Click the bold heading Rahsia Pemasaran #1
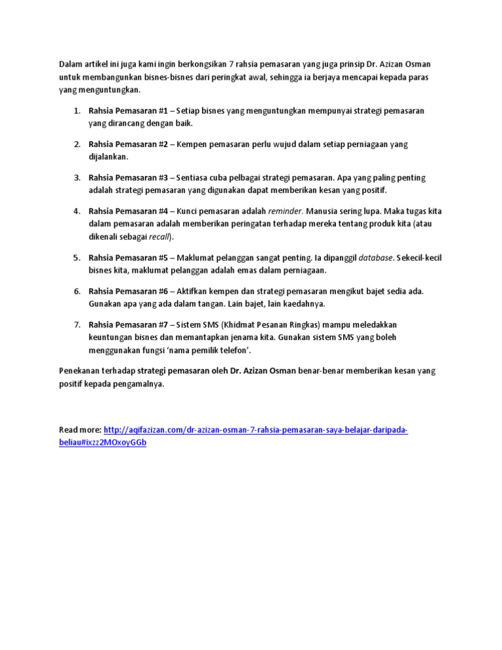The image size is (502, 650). [x=128, y=111]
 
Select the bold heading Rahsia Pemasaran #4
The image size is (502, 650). [x=128, y=211]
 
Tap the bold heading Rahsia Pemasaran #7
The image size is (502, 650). [x=128, y=324]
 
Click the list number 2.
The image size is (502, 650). [x=76, y=144]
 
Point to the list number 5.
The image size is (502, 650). [x=76, y=258]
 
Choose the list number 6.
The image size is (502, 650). [x=76, y=291]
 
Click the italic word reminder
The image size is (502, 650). [x=286, y=211]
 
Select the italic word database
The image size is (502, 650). [x=376, y=258]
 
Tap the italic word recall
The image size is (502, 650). [x=159, y=236]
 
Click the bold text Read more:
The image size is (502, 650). [x=80, y=430]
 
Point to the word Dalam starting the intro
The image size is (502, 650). [x=71, y=65]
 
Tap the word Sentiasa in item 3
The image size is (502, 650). [x=195, y=177]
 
